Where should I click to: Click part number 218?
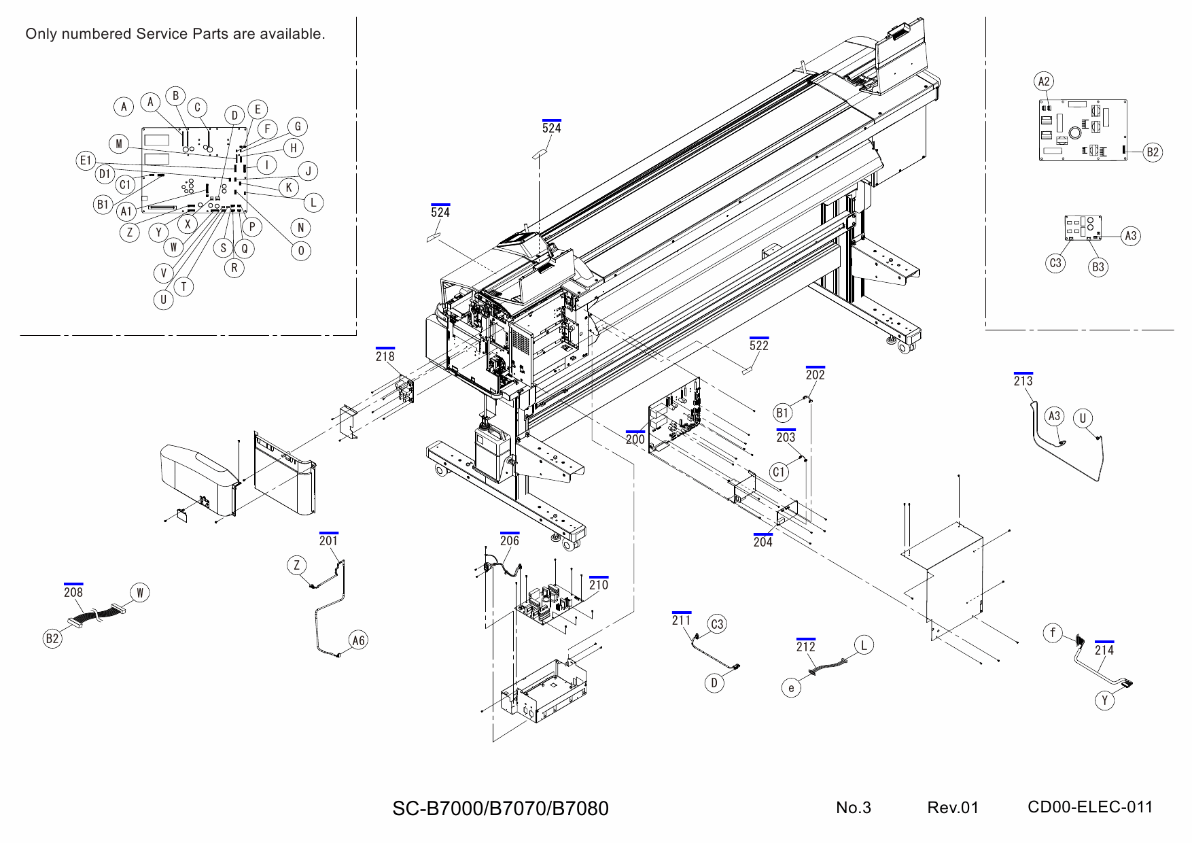click(385, 356)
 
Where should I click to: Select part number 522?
click(759, 345)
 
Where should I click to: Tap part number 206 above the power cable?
click(510, 540)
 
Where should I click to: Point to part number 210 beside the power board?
click(599, 585)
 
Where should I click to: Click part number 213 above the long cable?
click(1023, 381)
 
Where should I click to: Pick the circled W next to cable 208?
click(139, 593)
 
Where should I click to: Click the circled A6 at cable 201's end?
click(358, 640)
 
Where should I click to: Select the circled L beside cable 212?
click(864, 645)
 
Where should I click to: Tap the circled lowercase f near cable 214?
click(1053, 634)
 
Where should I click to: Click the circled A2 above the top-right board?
click(1044, 82)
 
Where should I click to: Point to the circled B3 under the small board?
click(1098, 267)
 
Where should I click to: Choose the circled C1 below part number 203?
click(779, 472)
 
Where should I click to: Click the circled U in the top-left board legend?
click(163, 300)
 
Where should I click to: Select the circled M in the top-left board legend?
click(119, 143)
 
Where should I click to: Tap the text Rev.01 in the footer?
click(953, 808)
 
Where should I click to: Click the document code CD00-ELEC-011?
click(1089, 807)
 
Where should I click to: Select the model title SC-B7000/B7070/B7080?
click(500, 808)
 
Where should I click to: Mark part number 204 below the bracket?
click(762, 543)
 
